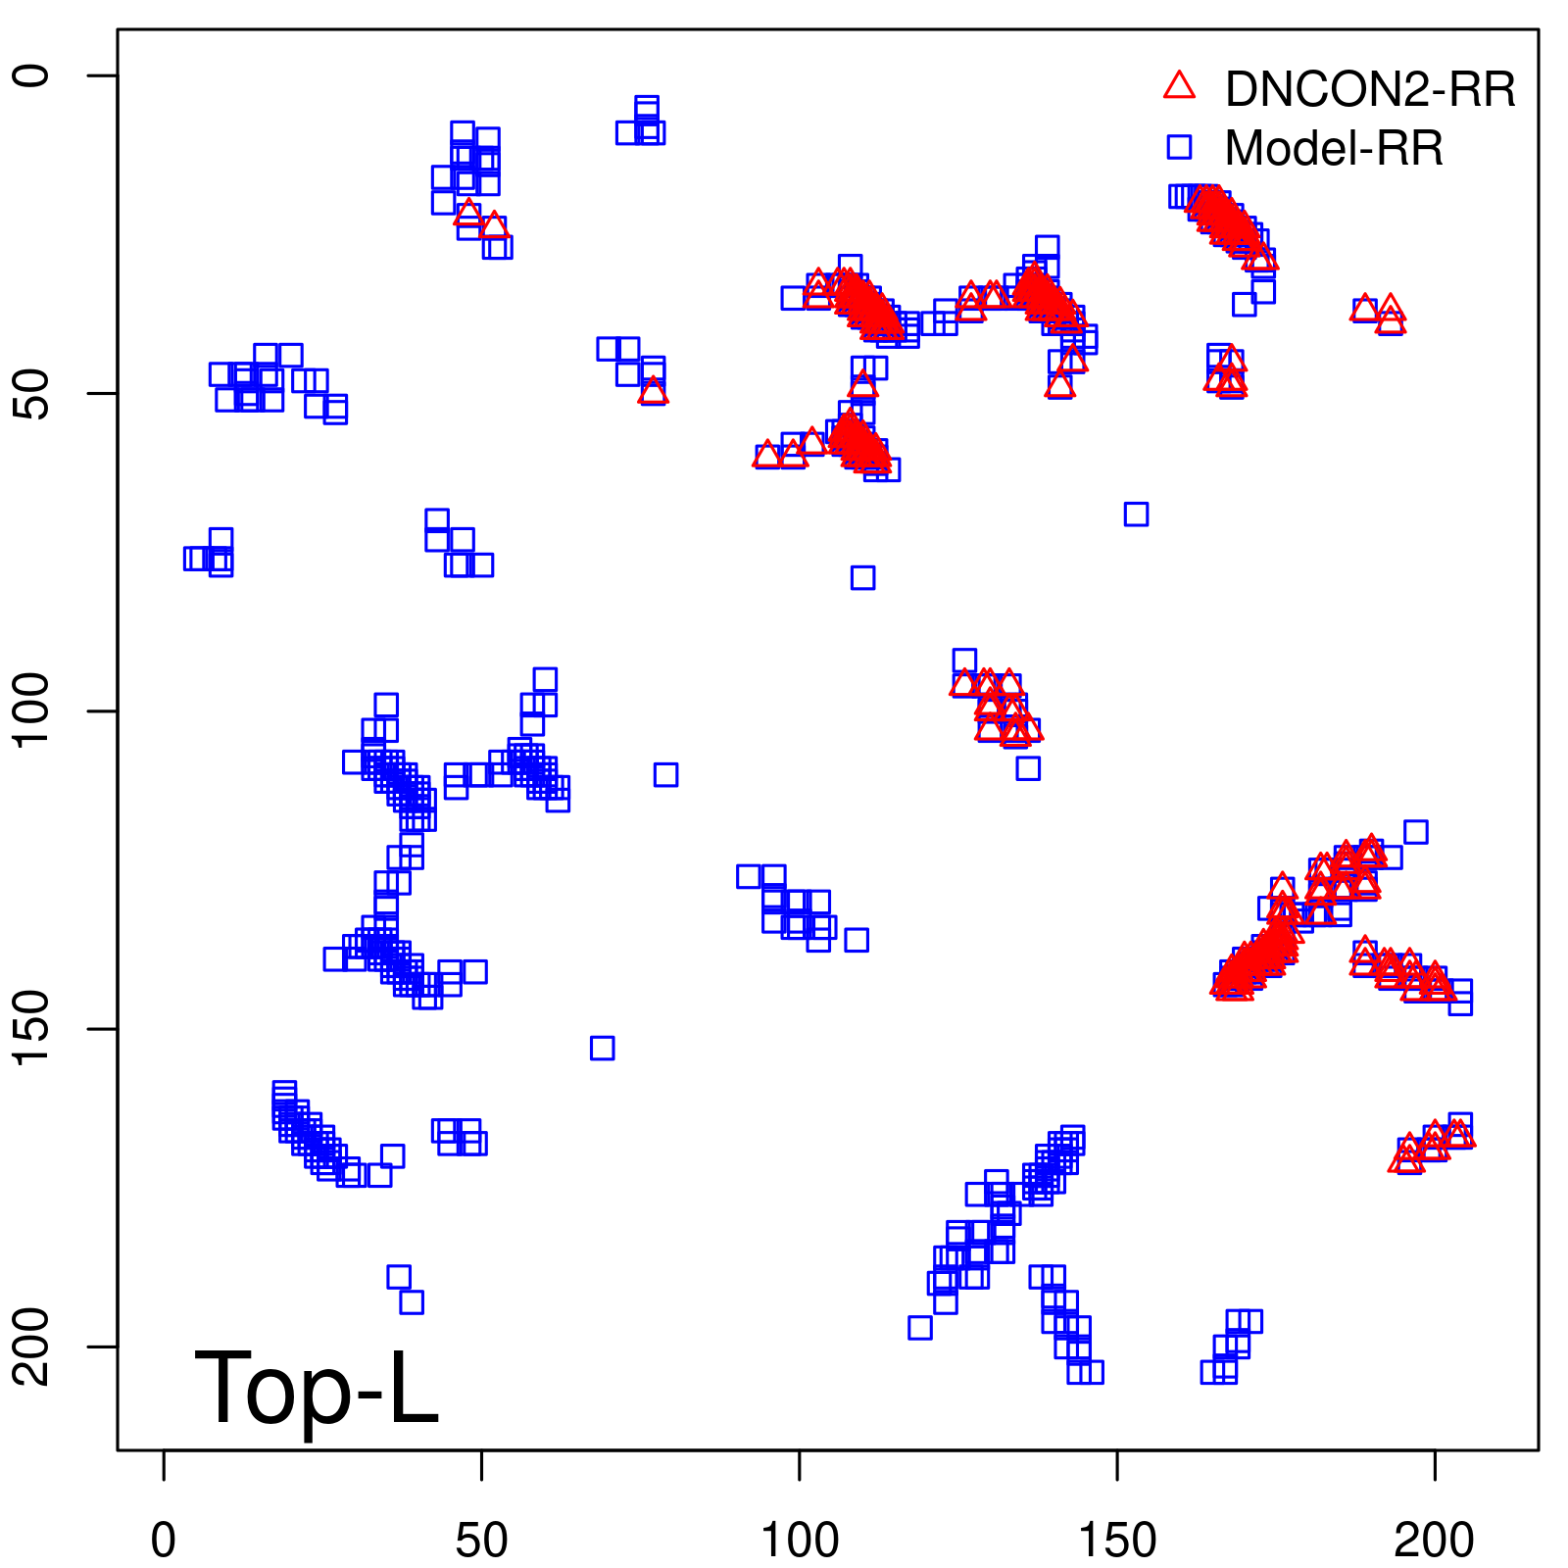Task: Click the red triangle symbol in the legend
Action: (1179, 86)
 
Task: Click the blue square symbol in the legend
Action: (1179, 147)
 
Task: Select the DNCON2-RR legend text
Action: (1370, 89)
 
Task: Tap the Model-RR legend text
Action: (1334, 149)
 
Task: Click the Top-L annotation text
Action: (317, 1387)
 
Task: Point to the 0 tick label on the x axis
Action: (164, 1540)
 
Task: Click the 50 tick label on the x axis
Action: (481, 1540)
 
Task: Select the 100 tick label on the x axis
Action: (800, 1540)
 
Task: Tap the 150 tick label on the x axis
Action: (1117, 1540)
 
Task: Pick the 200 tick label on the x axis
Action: (1435, 1540)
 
